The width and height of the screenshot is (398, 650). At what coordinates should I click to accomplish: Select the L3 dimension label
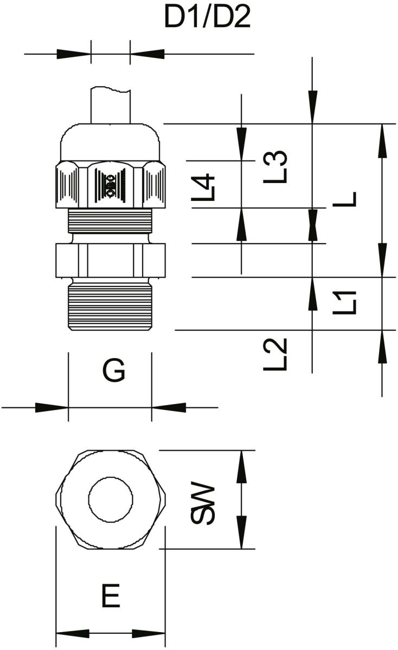point(275,167)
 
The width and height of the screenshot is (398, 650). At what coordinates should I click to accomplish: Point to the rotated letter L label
point(345,199)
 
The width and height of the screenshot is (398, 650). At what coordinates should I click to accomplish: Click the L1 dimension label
point(345,303)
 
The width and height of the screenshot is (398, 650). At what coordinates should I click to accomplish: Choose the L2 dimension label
point(275,354)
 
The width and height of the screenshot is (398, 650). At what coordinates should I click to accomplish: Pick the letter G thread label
point(114,372)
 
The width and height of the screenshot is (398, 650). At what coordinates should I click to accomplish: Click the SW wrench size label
point(204,504)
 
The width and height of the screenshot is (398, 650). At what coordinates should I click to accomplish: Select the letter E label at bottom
point(111,597)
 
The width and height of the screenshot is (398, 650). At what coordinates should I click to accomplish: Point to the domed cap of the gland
point(111,142)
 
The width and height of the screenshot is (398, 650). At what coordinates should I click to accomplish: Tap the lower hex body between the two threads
point(111,261)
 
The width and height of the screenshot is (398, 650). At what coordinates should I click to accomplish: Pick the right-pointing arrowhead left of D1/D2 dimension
point(74,54)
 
